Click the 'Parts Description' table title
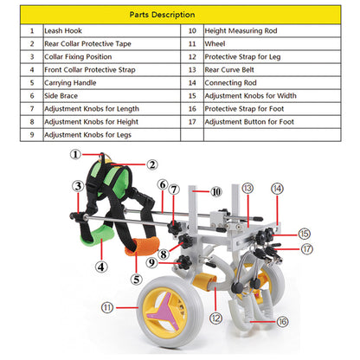point(162,15)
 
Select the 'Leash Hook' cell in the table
point(63,31)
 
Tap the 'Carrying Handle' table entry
point(70,83)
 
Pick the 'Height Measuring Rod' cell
point(241,31)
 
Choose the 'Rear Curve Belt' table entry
point(229,70)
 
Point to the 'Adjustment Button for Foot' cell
point(249,122)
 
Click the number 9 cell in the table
point(32,135)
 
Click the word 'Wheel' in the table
point(215,44)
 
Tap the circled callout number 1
point(75,154)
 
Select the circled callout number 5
point(137,280)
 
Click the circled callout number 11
point(107,307)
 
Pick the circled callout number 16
point(282,321)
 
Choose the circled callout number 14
point(277,189)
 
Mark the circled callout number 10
point(216,191)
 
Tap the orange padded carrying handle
point(142,246)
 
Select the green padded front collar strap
point(97,236)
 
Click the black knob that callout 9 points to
point(183,262)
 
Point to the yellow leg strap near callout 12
point(204,281)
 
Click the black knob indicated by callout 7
point(175,228)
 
